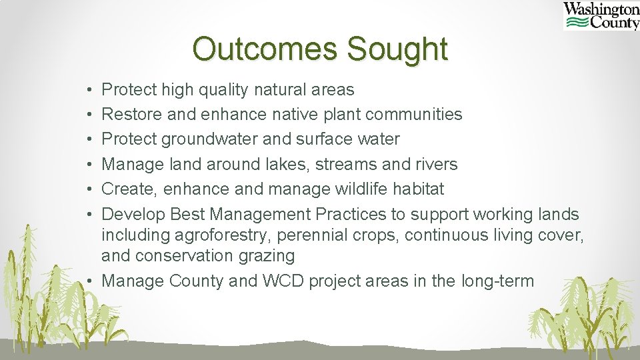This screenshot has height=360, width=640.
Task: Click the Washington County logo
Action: coord(601,16)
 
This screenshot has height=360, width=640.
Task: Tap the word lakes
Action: coord(293,164)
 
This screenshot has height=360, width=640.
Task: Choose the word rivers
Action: coord(434,164)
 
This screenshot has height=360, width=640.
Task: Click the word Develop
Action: coord(133,214)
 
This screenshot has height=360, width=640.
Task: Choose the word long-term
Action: coord(497,281)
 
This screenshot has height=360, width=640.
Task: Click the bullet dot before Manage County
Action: coord(90,281)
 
